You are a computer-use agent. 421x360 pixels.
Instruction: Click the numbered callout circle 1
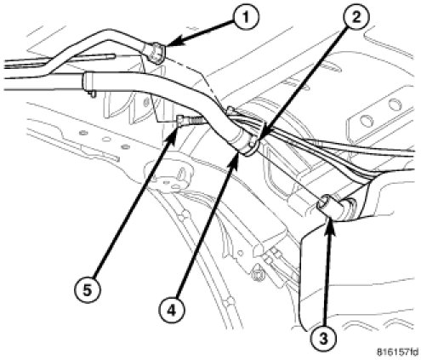point(246,18)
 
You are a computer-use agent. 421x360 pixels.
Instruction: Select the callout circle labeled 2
point(356,17)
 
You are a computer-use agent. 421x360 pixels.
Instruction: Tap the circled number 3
point(323,339)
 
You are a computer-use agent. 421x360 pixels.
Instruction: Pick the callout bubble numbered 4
point(171,310)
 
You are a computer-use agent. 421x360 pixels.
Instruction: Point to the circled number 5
point(87,290)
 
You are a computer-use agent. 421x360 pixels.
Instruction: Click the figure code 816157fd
point(397,352)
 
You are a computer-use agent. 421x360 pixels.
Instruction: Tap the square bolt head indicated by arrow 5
point(180,120)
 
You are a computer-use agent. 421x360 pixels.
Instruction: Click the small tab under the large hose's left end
point(92,94)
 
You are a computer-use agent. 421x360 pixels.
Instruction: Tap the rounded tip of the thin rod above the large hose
point(113,56)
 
